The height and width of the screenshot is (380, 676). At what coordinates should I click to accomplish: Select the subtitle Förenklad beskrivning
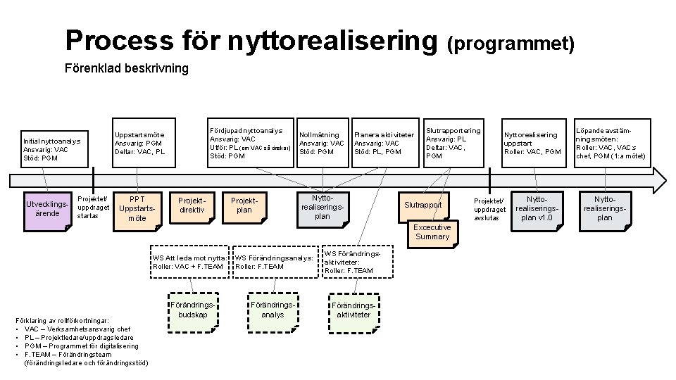pyautogui.click(x=127, y=68)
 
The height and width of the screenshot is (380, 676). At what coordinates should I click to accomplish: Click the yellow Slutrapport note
pyautogui.click(x=423, y=205)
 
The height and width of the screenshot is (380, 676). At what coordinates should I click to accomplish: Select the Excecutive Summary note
pyautogui.click(x=432, y=232)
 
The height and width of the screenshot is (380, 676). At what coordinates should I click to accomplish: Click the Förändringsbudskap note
pyautogui.click(x=192, y=310)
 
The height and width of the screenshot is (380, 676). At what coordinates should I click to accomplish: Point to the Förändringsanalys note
pyautogui.click(x=273, y=310)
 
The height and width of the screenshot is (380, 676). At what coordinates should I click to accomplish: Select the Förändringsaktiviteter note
pyautogui.click(x=352, y=310)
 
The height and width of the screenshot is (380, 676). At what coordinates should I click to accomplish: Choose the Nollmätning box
pyautogui.click(x=321, y=143)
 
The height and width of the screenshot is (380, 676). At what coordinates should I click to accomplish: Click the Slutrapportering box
pyautogui.click(x=455, y=142)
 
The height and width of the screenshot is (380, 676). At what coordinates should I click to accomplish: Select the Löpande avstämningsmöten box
pyautogui.click(x=611, y=143)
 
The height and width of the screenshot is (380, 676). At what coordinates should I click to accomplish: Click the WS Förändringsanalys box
pyautogui.click(x=275, y=262)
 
